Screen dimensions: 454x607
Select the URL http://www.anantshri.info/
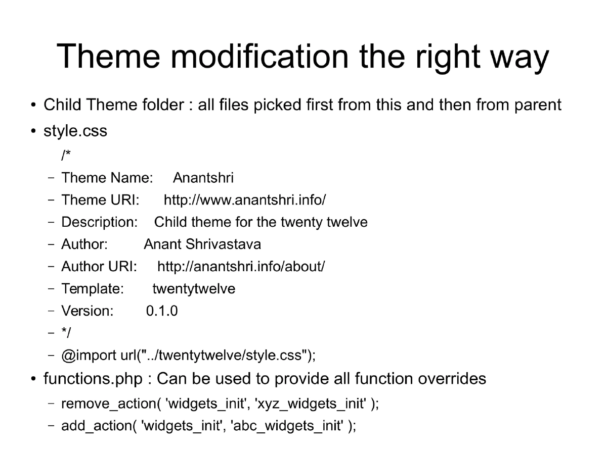(x=245, y=200)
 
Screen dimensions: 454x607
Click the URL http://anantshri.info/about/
(x=241, y=266)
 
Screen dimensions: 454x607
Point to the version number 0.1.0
(x=162, y=311)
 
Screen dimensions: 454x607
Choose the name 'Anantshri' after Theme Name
(x=203, y=178)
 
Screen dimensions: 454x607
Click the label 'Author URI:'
(x=99, y=266)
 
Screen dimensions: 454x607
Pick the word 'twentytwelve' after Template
(x=194, y=289)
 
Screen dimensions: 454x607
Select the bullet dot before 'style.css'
(x=33, y=132)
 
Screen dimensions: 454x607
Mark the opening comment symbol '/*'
(x=66, y=155)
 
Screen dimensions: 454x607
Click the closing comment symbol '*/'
(x=66, y=333)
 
